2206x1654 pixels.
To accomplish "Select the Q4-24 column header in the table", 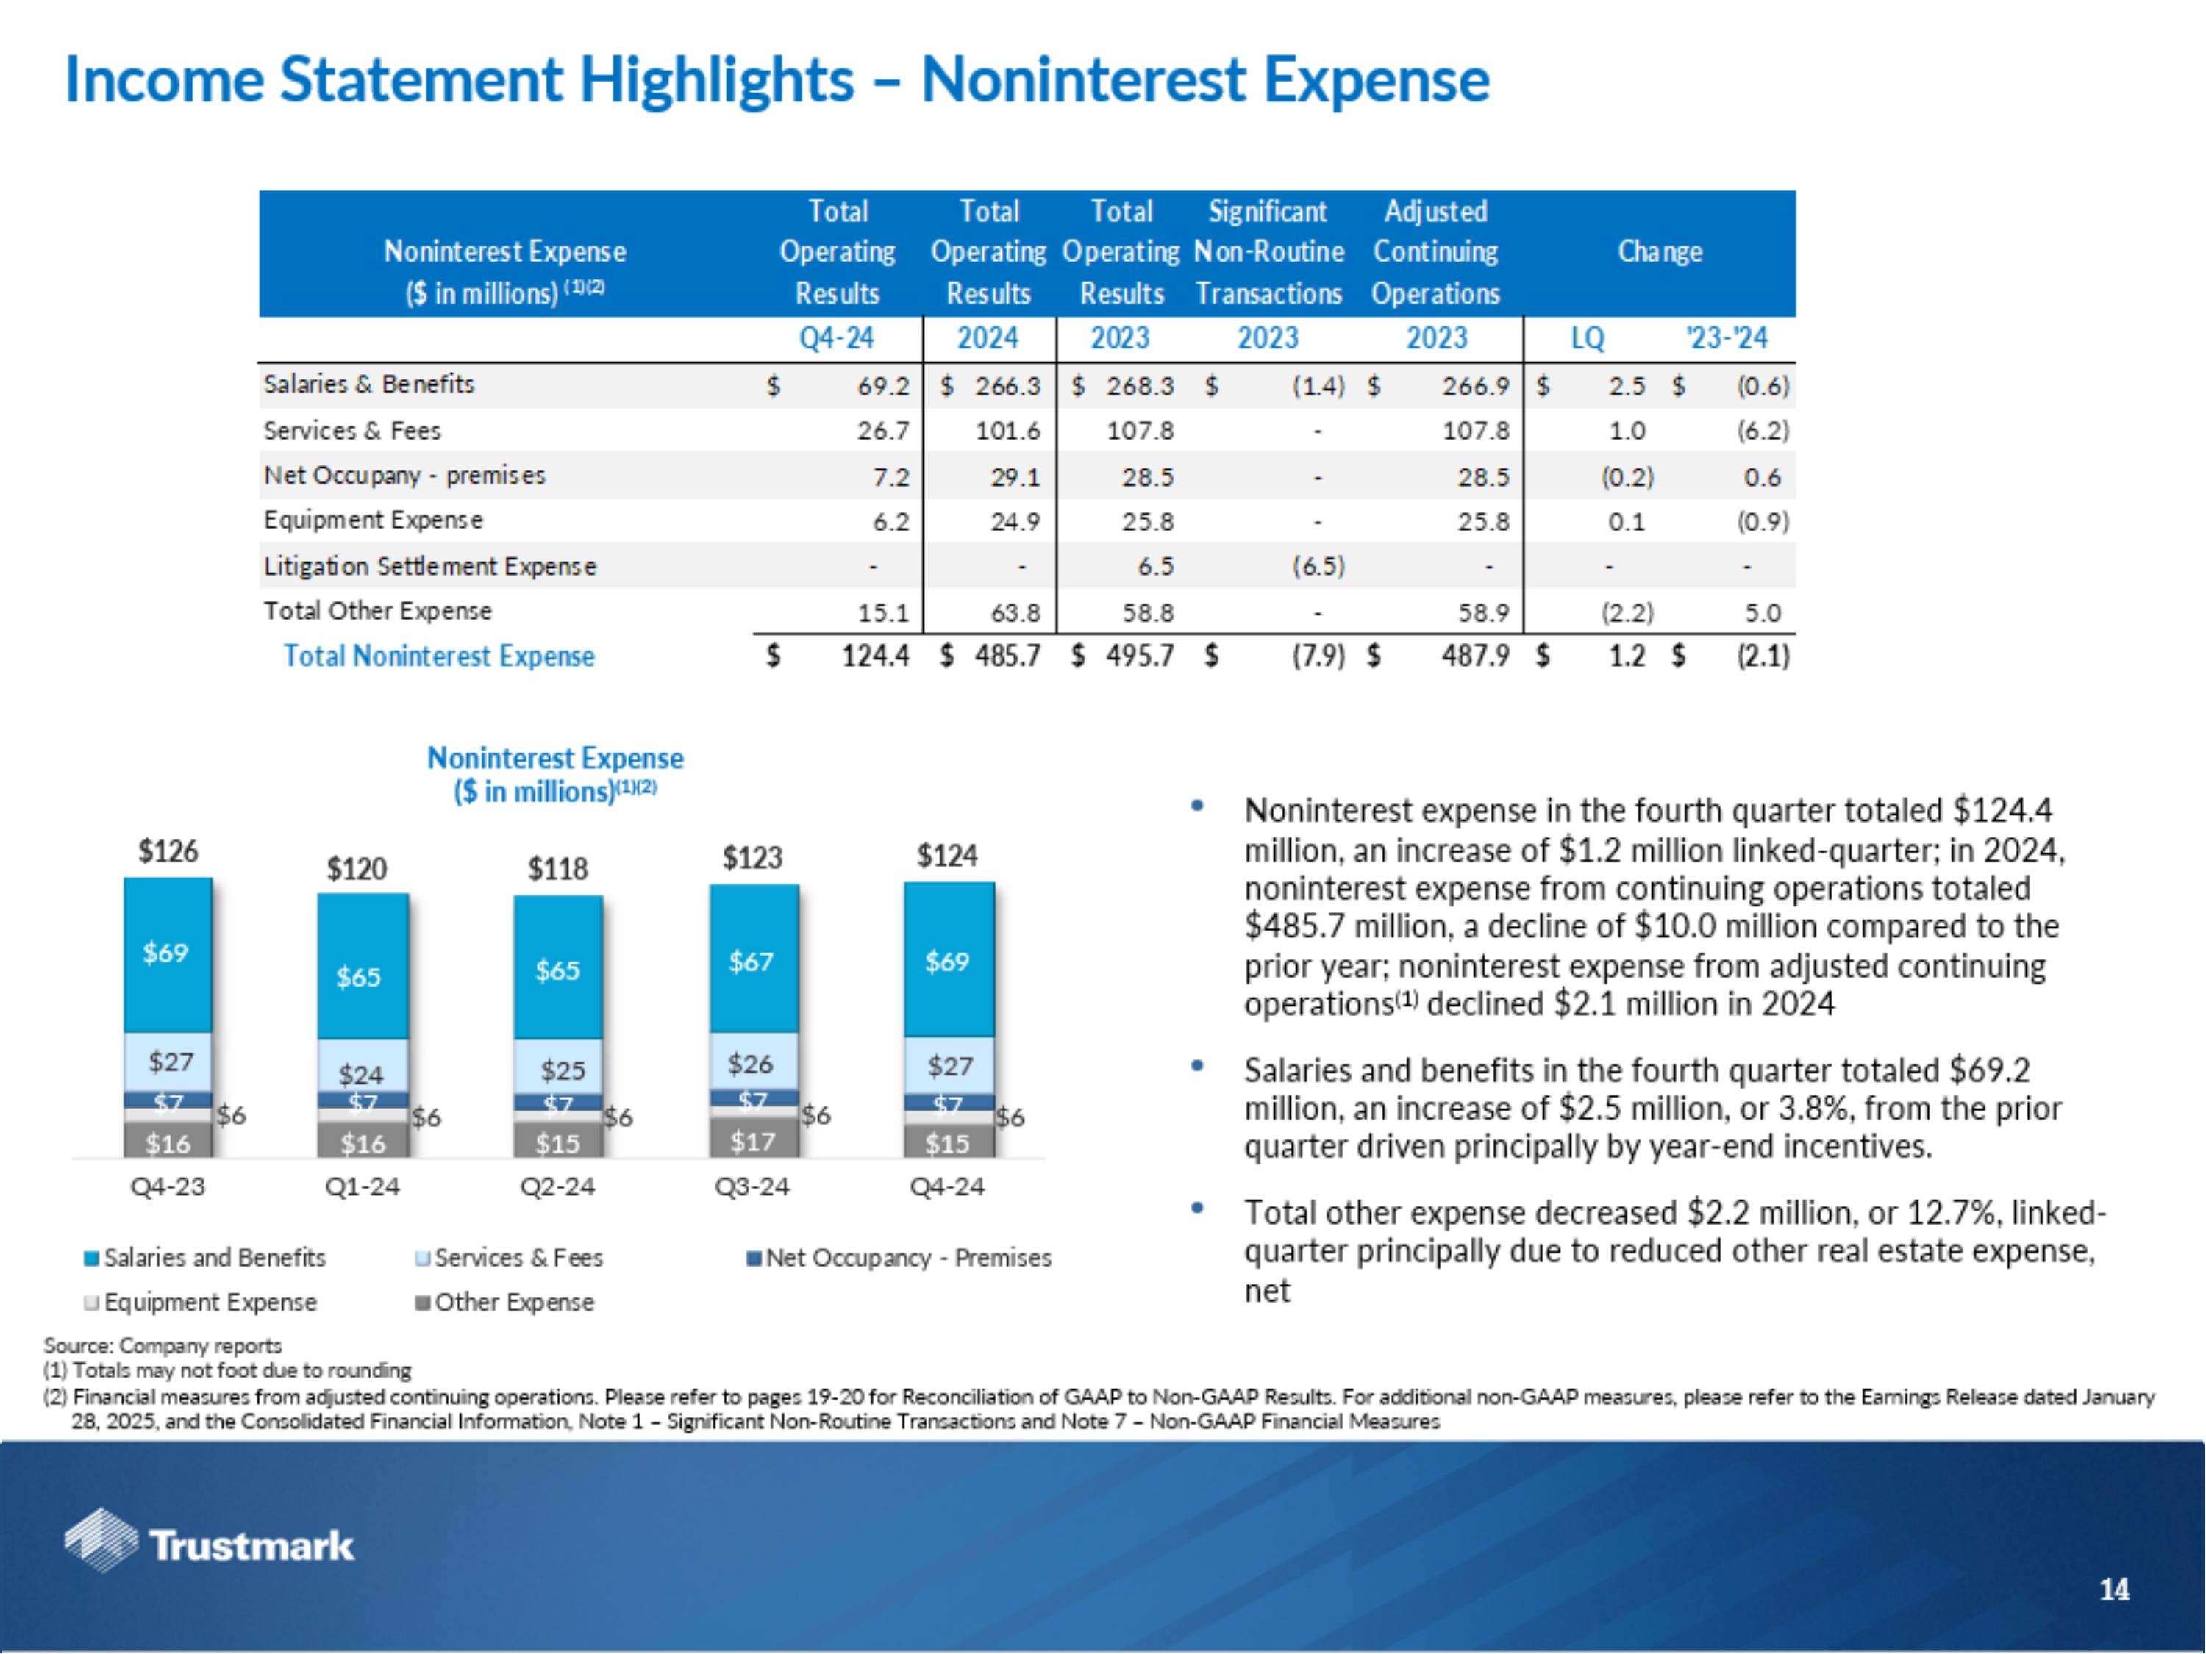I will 836,338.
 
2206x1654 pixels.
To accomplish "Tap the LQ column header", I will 1588,339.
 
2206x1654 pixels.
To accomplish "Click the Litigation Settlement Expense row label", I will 430,566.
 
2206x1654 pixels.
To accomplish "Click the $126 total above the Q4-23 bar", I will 168,851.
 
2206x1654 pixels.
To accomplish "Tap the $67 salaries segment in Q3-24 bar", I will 751,961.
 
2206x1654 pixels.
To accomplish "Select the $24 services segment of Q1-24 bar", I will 360,1074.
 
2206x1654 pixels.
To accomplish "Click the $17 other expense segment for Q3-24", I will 752,1142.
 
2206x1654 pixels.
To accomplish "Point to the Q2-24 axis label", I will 557,1186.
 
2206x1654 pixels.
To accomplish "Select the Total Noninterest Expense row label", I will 439,656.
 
